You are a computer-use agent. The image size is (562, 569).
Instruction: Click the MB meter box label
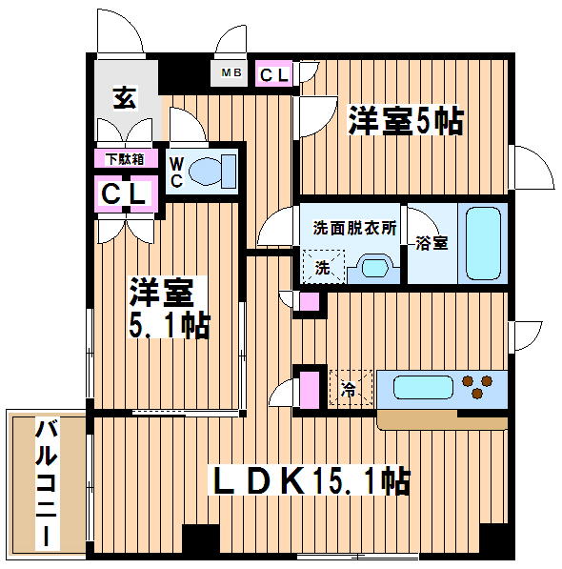[231, 72]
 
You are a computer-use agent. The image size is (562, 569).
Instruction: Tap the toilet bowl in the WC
[205, 172]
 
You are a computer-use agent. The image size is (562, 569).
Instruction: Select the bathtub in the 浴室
[483, 243]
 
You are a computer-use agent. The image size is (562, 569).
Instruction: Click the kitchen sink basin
[423, 387]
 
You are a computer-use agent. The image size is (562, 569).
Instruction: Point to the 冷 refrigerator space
[351, 387]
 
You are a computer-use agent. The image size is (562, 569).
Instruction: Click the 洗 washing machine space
[324, 267]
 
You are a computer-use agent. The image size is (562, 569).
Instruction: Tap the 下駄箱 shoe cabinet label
[125, 159]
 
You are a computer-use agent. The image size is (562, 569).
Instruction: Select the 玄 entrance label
[125, 97]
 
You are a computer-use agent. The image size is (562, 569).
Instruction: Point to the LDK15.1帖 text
[312, 480]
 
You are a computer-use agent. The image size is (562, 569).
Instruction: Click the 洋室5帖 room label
[406, 121]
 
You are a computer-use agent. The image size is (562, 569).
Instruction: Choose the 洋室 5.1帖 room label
[170, 308]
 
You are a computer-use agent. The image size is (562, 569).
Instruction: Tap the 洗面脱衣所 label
[354, 228]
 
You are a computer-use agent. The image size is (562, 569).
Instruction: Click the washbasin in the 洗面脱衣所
[375, 269]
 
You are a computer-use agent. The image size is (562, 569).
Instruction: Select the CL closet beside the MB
[273, 74]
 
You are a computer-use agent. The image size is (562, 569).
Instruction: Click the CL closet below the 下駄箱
[126, 193]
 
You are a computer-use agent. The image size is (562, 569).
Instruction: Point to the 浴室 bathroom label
[432, 243]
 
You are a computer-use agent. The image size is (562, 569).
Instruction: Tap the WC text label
[176, 172]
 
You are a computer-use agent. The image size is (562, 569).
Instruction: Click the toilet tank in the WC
[229, 172]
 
